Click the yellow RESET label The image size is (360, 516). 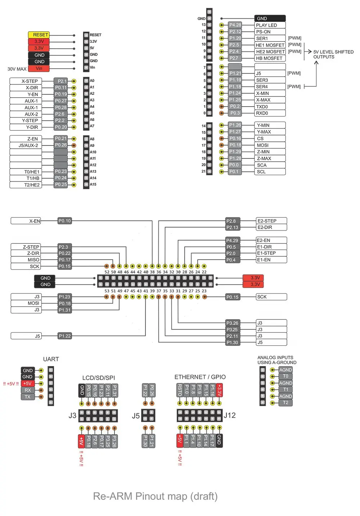pos(39,35)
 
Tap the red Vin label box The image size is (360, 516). pos(39,68)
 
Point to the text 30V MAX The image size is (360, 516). pos(17,69)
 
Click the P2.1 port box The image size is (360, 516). pos(60,81)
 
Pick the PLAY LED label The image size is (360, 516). pos(270,25)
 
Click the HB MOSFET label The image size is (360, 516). pos(270,58)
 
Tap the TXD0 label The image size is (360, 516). pos(270,107)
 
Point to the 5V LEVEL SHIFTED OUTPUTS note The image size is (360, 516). pos(333,54)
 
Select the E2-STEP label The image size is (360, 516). pos(271,221)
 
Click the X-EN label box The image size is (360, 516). pos(26,221)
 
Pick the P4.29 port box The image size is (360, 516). pos(233,240)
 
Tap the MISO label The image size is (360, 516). pos(26,260)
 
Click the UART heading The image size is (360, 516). pos(51,359)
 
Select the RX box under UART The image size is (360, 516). pos(28,390)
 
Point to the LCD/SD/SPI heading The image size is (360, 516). pos(98,378)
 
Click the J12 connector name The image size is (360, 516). pos(230,415)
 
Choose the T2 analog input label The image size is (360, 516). pos(285,403)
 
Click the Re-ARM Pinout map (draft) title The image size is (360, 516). pos(155,496)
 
